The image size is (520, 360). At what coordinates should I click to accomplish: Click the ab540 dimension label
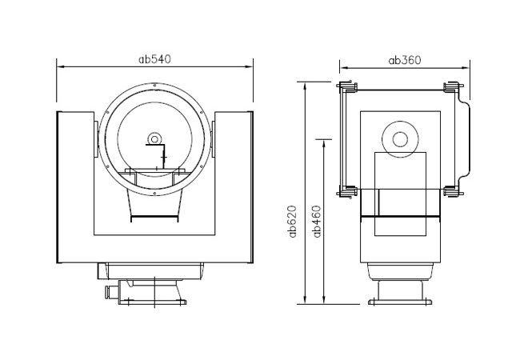click(154, 59)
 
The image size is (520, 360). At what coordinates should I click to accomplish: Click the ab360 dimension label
click(405, 60)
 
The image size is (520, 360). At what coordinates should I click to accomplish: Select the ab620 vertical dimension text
click(292, 222)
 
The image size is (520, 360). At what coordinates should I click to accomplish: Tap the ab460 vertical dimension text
click(318, 222)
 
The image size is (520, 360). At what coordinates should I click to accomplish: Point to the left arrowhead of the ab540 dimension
click(61, 67)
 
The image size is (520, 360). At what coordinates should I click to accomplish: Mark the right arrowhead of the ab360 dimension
click(466, 68)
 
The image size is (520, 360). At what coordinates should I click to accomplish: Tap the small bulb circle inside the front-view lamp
click(154, 138)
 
